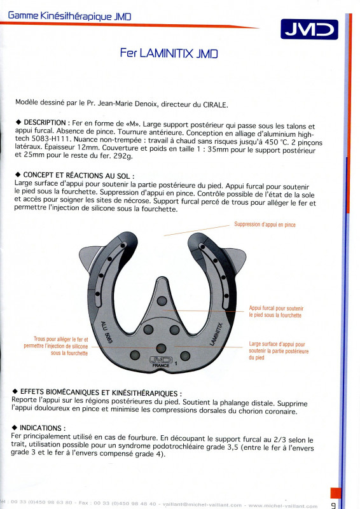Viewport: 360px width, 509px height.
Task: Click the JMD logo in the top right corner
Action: coord(309,29)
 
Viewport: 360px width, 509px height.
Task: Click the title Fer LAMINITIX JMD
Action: coord(169,53)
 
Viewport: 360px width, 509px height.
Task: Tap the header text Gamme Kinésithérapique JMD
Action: coord(69,15)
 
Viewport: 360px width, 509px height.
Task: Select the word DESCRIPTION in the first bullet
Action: coord(45,123)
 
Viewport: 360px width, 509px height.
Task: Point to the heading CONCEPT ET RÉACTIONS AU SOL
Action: coord(76,176)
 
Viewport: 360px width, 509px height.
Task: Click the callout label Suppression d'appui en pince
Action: coord(265,225)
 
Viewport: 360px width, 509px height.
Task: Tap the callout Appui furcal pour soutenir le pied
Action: coord(276,312)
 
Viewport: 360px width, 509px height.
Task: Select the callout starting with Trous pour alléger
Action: coord(56,346)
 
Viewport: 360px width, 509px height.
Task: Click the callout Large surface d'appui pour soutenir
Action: coord(279,351)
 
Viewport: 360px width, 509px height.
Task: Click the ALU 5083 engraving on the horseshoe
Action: coord(106,333)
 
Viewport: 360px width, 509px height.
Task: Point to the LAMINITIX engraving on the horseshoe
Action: coord(216,334)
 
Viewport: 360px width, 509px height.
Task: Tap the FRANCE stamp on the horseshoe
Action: coord(161,365)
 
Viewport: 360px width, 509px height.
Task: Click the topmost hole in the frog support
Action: coord(162,301)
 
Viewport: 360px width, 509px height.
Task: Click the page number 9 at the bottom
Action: coord(333,505)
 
